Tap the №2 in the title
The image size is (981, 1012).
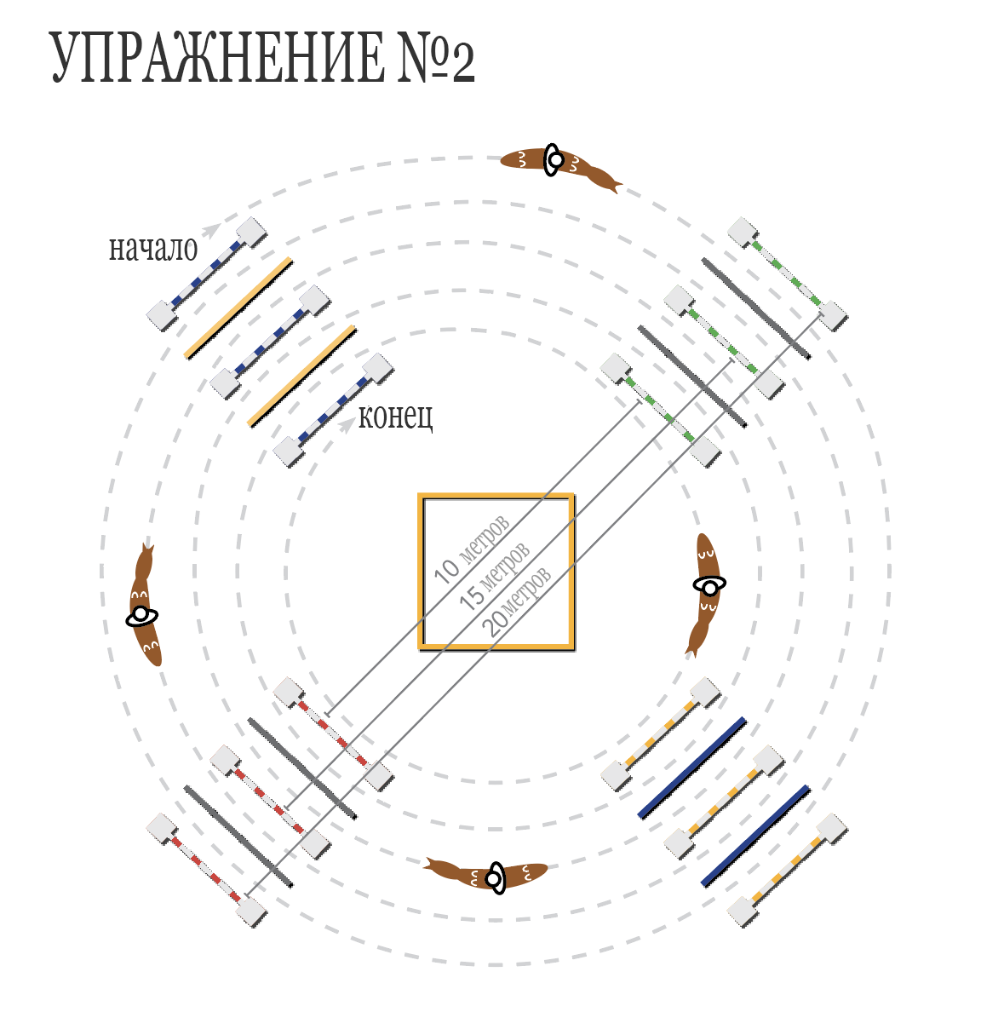click(x=436, y=58)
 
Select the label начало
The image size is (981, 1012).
click(x=153, y=249)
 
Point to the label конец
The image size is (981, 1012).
click(x=396, y=417)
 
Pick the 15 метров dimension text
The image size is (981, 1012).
click(x=495, y=576)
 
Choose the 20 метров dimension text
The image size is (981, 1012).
click(x=517, y=601)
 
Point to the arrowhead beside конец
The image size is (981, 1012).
click(x=348, y=423)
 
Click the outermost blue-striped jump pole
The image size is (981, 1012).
click(x=207, y=274)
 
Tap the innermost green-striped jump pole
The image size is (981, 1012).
click(x=660, y=411)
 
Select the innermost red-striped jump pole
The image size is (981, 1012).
click(x=333, y=734)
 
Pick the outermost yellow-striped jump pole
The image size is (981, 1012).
click(x=788, y=870)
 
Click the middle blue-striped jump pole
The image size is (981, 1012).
click(x=271, y=342)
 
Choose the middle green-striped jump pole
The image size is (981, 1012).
click(x=724, y=342)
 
